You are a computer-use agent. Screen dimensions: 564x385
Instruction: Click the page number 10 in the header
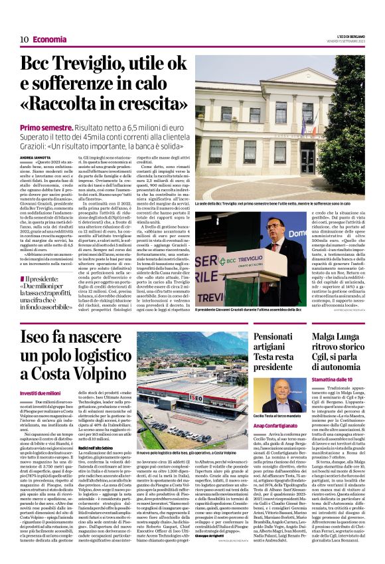click(x=24, y=39)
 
